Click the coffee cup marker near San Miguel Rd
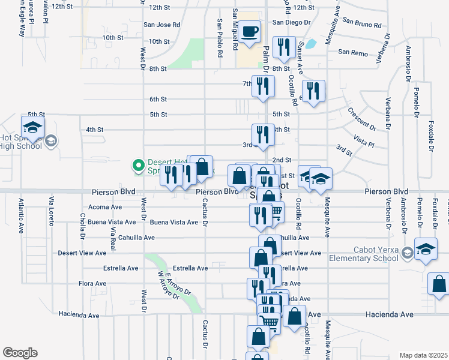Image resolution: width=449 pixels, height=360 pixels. click(250, 31)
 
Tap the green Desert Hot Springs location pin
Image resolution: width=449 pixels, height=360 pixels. click(138, 164)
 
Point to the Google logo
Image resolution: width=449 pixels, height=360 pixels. click(20, 352)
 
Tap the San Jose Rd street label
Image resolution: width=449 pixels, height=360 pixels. click(161, 25)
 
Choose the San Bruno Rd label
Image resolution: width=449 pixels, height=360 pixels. click(362, 25)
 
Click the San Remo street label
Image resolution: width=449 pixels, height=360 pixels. click(352, 52)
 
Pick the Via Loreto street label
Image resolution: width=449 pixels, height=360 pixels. click(52, 212)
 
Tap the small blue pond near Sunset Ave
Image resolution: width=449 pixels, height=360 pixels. click(310, 44)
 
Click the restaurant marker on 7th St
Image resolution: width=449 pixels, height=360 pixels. click(263, 86)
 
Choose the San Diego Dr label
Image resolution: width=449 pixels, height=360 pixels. click(291, 22)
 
